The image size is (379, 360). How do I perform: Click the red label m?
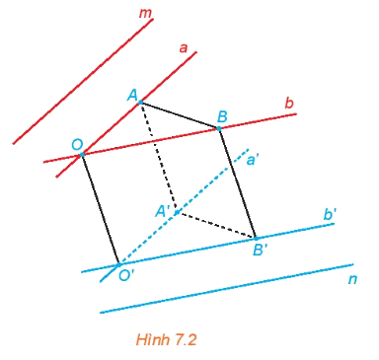(145, 14)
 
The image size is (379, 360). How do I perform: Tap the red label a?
(184, 48)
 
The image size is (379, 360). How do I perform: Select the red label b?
(288, 104)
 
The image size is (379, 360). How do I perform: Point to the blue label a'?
(252, 161)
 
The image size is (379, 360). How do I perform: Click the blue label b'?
(330, 215)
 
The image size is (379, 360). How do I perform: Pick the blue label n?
(352, 279)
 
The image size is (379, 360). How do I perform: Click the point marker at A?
(140, 103)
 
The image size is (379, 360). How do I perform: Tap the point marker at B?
(219, 129)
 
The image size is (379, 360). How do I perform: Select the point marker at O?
(82, 154)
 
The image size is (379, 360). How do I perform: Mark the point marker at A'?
(176, 213)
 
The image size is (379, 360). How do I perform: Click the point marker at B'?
(256, 238)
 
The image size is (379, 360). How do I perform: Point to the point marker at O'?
(118, 264)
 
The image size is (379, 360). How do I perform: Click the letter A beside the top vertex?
(132, 96)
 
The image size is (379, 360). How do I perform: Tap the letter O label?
(77, 145)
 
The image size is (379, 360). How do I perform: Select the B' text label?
(261, 251)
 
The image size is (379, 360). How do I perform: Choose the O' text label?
(124, 275)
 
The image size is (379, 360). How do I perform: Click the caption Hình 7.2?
(166, 339)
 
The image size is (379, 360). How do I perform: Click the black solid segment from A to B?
(180, 115)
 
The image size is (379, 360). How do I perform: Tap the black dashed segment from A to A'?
(158, 158)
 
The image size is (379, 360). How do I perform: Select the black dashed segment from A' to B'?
(216, 225)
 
